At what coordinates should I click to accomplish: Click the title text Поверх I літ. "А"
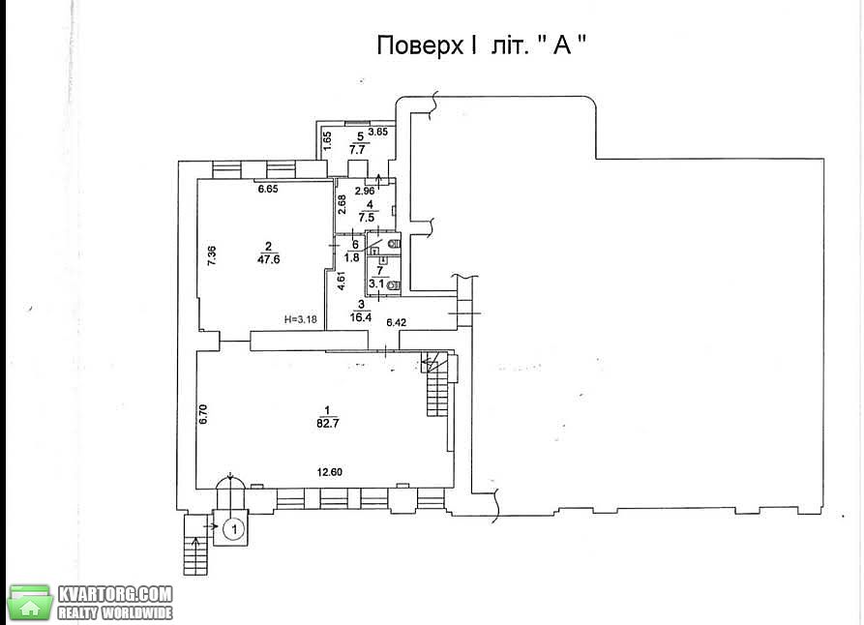click(482, 45)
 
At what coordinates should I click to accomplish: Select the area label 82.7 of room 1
click(327, 424)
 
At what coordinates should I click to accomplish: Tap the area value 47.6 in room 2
click(268, 259)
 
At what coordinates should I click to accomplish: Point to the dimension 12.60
click(330, 472)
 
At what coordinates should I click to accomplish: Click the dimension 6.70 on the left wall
click(203, 414)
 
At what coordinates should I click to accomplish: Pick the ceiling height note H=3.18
click(300, 318)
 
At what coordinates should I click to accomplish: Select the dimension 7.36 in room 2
click(212, 255)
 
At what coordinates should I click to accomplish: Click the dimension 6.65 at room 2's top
click(268, 189)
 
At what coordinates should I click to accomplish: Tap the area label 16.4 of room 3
click(360, 317)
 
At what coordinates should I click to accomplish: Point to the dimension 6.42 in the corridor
click(396, 322)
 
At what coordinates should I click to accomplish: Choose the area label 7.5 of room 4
click(370, 217)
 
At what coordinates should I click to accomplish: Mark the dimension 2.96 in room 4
click(365, 192)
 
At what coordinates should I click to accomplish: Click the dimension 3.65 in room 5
click(378, 132)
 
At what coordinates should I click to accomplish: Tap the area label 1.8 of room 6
click(352, 256)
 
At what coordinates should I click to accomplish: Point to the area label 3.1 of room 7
click(376, 283)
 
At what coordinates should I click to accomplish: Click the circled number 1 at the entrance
click(234, 529)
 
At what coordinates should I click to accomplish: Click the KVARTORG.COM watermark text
click(115, 594)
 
